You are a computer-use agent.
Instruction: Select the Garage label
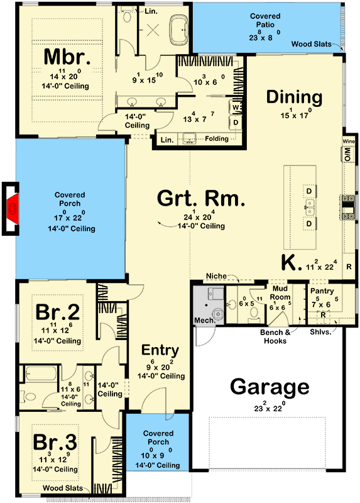[270, 386]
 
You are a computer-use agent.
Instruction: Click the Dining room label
[294, 97]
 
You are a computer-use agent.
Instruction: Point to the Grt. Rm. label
[200, 201]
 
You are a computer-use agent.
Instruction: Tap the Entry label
[160, 350]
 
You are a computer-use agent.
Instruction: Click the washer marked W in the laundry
[236, 108]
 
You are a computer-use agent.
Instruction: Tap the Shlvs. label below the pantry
[320, 332]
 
